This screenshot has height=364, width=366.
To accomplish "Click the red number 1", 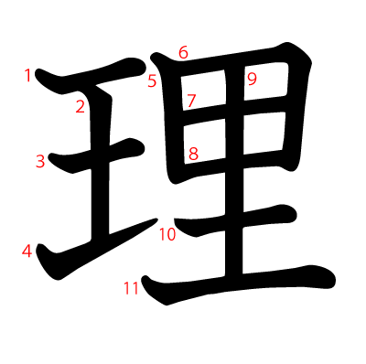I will (28, 75).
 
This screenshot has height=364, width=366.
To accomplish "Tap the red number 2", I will (81, 107).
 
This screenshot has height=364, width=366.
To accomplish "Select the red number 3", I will (40, 162).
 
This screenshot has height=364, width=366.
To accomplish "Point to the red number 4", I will (27, 251).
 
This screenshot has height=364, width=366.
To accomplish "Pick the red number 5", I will (152, 81).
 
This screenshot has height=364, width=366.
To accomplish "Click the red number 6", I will (183, 53).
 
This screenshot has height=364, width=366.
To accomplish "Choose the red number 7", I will (190, 101).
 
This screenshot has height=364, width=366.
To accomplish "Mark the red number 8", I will (193, 154).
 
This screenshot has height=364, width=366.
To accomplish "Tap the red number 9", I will (252, 80).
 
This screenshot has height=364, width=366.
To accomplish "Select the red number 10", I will (167, 235).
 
